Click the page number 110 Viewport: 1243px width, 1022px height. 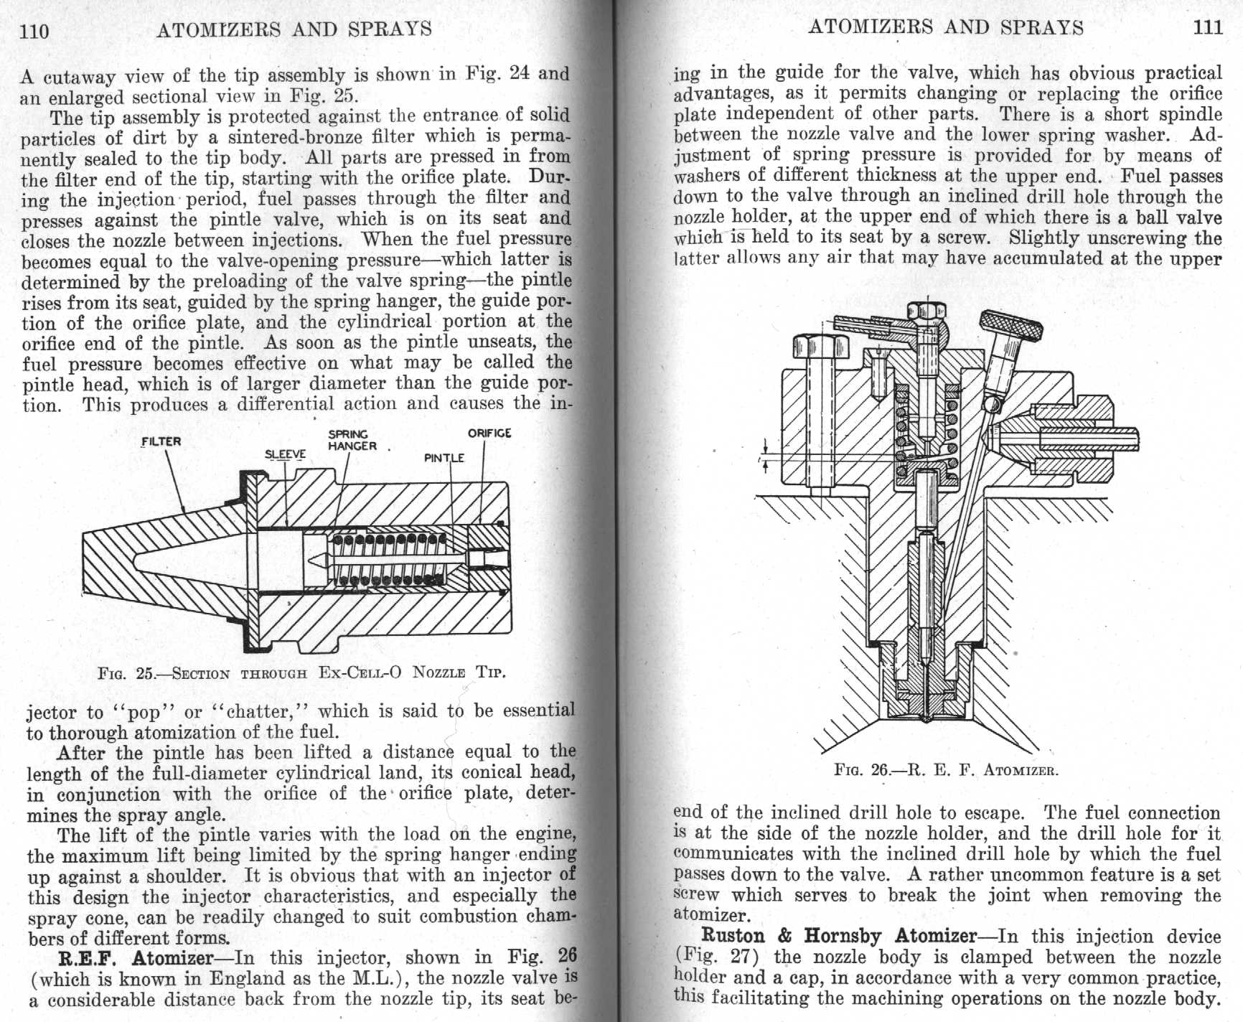click(35, 31)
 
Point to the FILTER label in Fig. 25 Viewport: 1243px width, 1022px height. click(161, 441)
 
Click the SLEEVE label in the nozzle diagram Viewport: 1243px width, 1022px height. click(285, 454)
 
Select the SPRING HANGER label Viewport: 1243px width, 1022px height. click(352, 440)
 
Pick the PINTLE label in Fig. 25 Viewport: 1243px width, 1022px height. click(444, 458)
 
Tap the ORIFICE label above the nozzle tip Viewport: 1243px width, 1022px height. click(489, 433)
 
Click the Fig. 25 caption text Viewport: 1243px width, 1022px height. click(301, 673)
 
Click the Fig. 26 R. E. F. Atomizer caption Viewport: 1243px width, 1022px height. click(946, 771)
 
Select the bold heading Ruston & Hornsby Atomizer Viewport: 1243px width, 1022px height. click(838, 936)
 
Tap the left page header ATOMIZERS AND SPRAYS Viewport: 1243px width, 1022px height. click(294, 29)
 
